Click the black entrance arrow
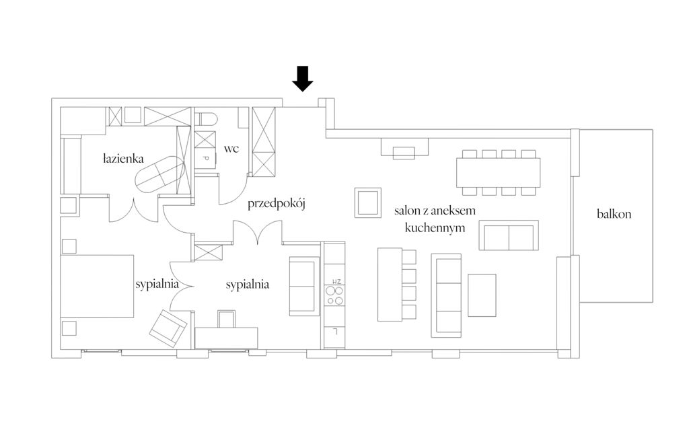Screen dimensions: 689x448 tap(302, 79)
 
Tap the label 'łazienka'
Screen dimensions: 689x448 tap(123, 159)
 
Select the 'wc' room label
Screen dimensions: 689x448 tap(231, 149)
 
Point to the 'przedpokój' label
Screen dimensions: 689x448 tap(277, 204)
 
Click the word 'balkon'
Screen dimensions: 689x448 tap(614, 214)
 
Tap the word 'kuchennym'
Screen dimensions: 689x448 tap(435, 228)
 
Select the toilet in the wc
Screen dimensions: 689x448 tap(207, 118)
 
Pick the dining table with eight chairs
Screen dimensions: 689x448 tap(499, 173)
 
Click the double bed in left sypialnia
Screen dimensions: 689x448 tap(97, 286)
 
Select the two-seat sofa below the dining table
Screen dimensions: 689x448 tap(509, 235)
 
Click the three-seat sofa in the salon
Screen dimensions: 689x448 tap(446, 295)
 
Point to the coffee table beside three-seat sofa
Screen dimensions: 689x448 tap(482, 295)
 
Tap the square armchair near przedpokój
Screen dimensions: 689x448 tap(368, 202)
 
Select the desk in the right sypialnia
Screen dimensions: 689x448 tap(226, 338)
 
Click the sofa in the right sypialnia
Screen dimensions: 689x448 tap(304, 286)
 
